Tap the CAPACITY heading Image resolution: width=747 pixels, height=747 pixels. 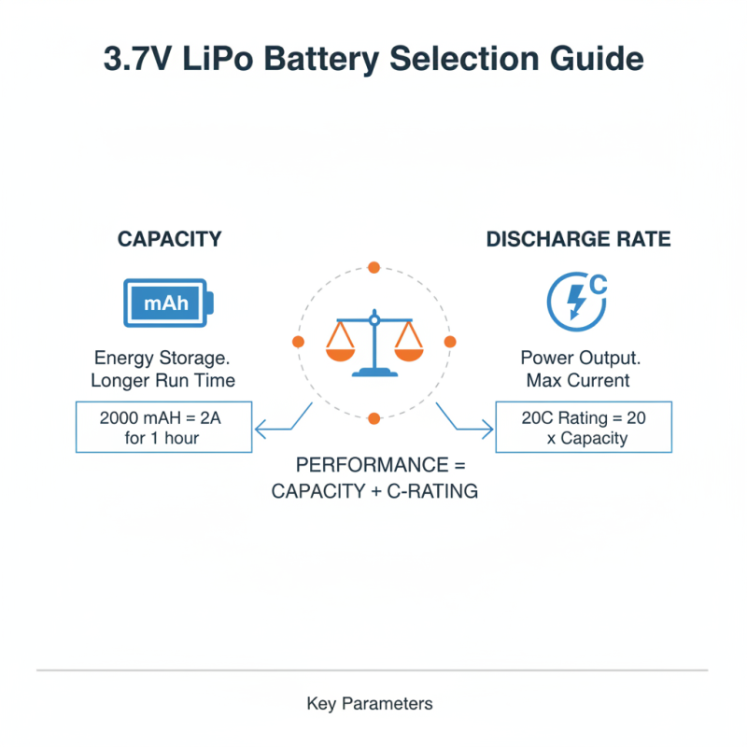point(169,239)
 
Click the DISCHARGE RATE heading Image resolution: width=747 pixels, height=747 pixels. point(578,239)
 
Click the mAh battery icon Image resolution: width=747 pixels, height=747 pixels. point(169,303)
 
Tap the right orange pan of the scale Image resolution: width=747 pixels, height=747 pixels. point(408,351)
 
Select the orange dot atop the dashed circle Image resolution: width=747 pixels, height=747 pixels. point(373,267)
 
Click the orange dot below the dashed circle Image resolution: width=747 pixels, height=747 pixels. point(373,417)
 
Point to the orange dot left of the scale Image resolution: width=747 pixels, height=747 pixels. point(298,343)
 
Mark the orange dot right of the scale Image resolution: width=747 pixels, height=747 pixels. point(449,343)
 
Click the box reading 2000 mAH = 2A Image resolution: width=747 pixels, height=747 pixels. point(163,428)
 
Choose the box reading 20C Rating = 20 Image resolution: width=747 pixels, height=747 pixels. point(583,428)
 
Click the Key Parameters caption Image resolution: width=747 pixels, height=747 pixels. point(370,703)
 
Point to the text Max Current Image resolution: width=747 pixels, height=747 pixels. point(577,380)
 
